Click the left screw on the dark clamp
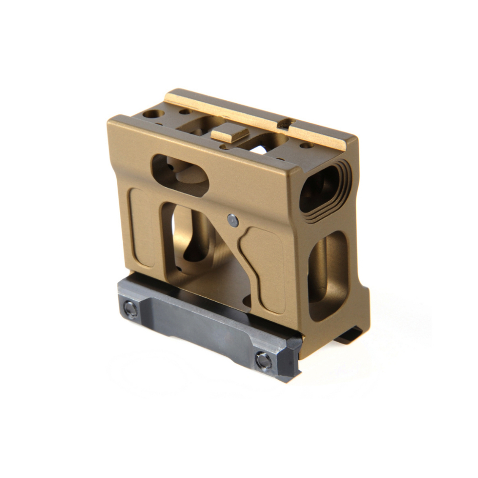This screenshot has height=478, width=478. coord(130,309)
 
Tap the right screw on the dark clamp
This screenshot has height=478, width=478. coord(263,360)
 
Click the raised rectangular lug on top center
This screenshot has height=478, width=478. coord(229,134)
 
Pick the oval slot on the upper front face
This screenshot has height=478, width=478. coord(180,175)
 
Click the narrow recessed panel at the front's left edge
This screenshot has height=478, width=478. coord(142,227)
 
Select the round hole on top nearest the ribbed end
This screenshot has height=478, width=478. coord(306,145)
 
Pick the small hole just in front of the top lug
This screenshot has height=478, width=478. coord(222,147)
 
